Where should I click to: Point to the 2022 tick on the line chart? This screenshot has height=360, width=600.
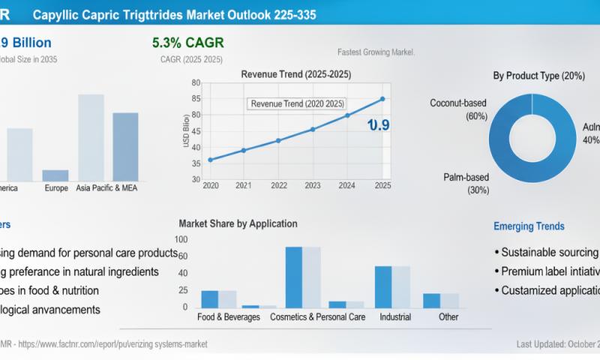(x=278, y=185)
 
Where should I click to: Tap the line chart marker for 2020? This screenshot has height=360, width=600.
(x=210, y=160)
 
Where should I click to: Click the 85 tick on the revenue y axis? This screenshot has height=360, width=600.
(x=196, y=98)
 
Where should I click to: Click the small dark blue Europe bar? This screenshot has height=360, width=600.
(x=55, y=175)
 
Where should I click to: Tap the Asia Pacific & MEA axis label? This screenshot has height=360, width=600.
(x=112, y=187)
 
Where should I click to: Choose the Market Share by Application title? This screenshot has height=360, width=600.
(x=238, y=223)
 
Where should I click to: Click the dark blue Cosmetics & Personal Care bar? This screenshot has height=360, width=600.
(x=293, y=277)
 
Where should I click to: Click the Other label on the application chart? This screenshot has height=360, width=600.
(x=448, y=316)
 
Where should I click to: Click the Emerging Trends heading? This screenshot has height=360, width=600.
(x=529, y=226)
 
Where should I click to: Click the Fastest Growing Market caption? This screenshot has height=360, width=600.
(x=376, y=52)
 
